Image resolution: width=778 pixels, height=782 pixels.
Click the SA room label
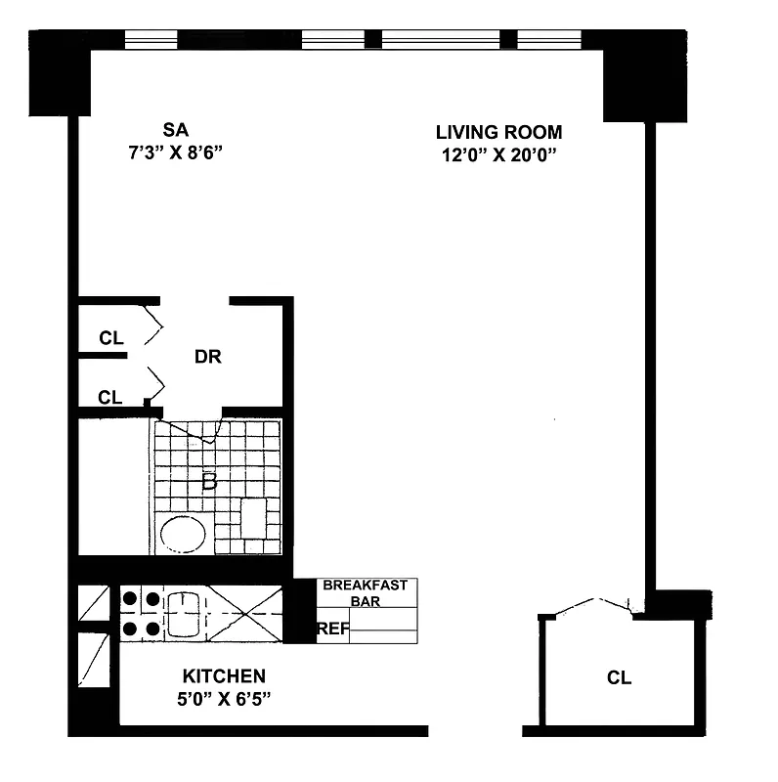tap(176, 129)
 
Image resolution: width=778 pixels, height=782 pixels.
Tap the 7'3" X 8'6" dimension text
tap(176, 152)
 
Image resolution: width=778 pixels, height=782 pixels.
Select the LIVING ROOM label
tap(498, 132)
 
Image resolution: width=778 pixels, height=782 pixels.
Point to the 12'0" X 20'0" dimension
tap(498, 154)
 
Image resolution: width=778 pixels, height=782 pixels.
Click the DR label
tap(207, 357)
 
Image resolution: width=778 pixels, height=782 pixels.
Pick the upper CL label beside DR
tap(110, 338)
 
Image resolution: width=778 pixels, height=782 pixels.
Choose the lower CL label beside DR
tap(110, 397)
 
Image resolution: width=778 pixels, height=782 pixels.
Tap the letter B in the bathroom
tap(208, 481)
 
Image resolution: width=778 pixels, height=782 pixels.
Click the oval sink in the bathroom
tap(182, 535)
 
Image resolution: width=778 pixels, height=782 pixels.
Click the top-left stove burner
tap(129, 598)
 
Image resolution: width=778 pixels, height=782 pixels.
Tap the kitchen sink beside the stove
tap(183, 613)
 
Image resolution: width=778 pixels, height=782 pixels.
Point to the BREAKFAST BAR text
tap(367, 593)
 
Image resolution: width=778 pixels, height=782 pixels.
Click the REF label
tap(332, 629)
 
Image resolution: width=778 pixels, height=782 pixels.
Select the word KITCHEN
tap(224, 675)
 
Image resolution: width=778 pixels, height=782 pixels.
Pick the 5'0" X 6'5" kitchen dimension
tap(224, 699)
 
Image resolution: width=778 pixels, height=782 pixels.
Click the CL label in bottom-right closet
tap(619, 677)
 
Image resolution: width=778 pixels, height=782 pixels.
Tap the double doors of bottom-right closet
tap(591, 606)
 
